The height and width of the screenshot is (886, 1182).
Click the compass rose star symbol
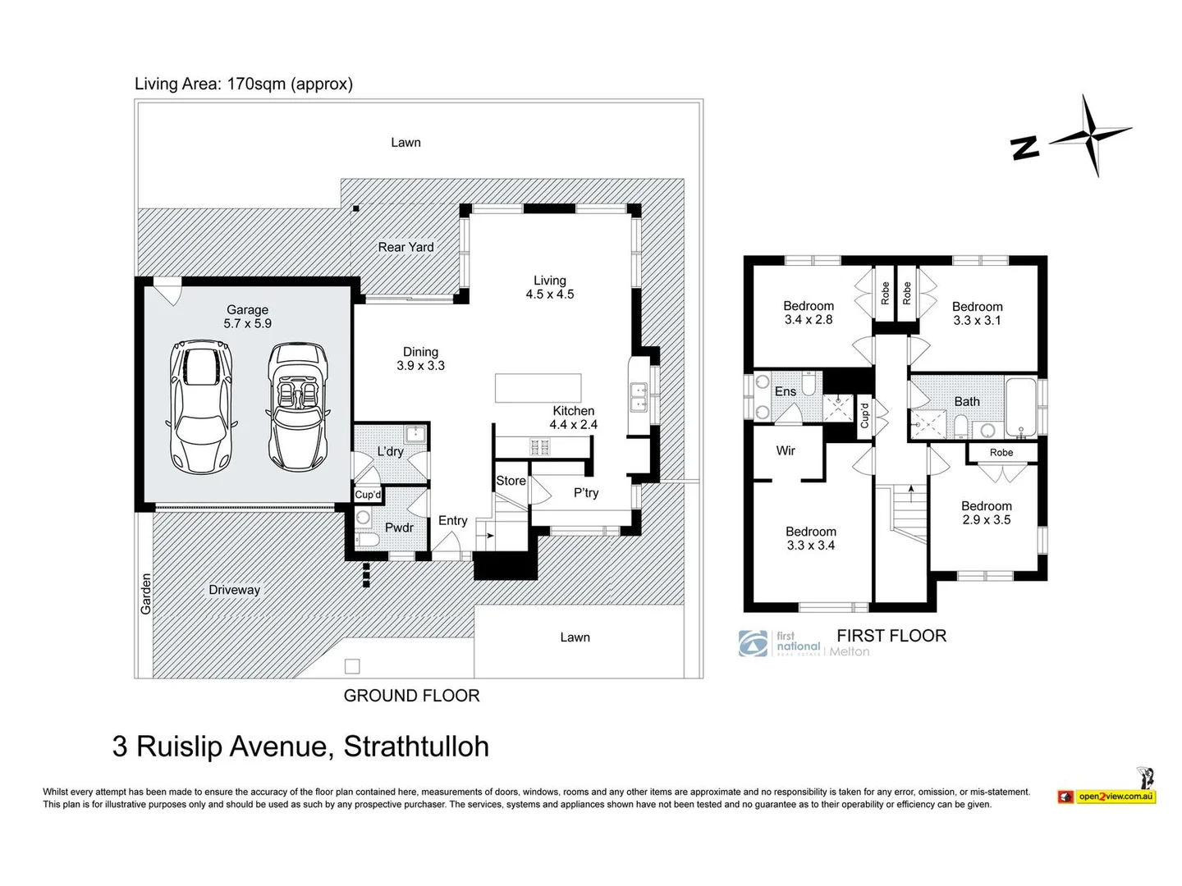(x=1091, y=135)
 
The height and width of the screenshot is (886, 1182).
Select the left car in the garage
(x=200, y=406)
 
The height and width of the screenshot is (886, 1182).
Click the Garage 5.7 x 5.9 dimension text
(x=247, y=317)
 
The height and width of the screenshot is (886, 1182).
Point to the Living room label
(x=549, y=287)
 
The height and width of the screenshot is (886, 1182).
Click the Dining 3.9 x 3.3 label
(x=420, y=359)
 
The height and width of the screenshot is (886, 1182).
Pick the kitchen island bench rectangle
(x=538, y=388)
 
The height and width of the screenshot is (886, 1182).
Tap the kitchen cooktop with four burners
(x=540, y=447)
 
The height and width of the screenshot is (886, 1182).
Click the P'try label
(x=585, y=493)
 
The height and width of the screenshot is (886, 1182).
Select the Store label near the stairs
(x=510, y=481)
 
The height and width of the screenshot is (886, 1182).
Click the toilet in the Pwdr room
(x=366, y=538)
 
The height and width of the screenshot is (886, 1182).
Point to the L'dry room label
(x=390, y=451)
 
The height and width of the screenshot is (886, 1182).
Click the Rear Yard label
(x=405, y=247)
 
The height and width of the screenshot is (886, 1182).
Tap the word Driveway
(x=234, y=590)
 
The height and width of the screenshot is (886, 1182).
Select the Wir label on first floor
(x=785, y=450)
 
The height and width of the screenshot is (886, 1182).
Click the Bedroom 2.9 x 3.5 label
(x=986, y=513)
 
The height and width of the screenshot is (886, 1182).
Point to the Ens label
(x=785, y=391)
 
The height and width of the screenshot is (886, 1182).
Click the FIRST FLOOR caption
(x=891, y=636)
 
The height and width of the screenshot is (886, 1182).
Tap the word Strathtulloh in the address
(x=416, y=747)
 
